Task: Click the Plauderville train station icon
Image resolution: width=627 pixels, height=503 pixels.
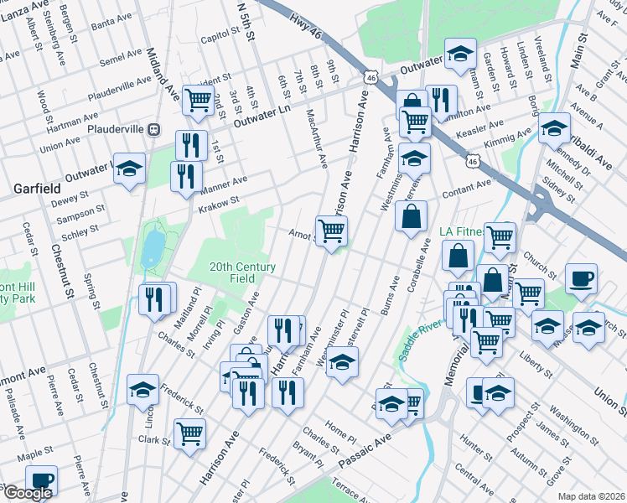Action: (x=153, y=129)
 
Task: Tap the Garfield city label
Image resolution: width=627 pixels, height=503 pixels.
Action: (x=34, y=189)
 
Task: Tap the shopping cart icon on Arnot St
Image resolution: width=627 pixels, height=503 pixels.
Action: (x=332, y=231)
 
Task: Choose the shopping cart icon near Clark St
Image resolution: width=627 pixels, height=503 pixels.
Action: (x=190, y=433)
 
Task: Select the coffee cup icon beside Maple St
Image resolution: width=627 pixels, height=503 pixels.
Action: (x=41, y=480)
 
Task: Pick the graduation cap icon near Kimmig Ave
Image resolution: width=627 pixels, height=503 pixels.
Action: (x=553, y=127)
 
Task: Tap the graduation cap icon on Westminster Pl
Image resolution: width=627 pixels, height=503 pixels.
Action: (x=341, y=362)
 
